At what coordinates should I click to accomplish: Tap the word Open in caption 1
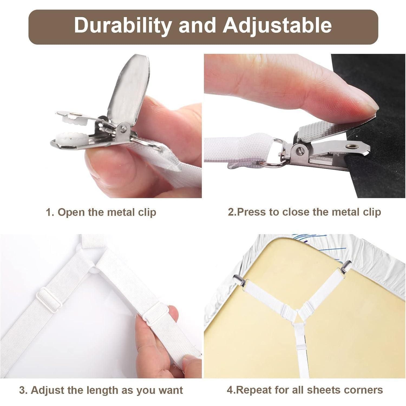[70, 213]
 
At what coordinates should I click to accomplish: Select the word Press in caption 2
[251, 212]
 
